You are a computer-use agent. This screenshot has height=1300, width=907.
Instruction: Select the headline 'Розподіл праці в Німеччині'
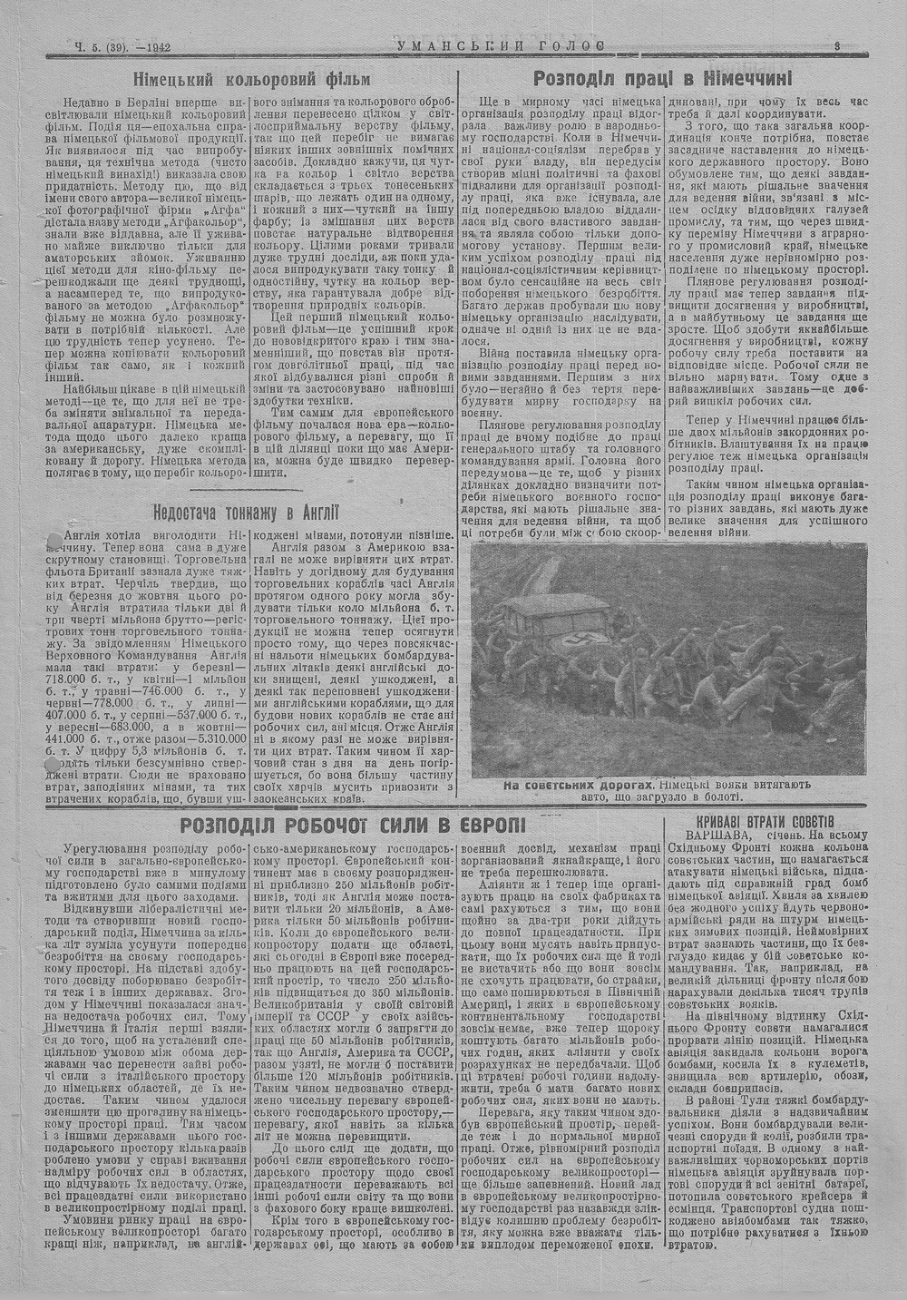tap(663, 78)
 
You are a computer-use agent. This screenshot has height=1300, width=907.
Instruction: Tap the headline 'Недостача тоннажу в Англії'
tap(246, 512)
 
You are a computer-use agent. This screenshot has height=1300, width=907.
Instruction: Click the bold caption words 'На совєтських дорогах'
tap(577, 785)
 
